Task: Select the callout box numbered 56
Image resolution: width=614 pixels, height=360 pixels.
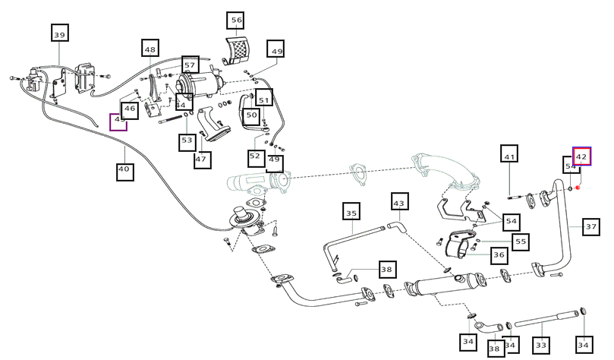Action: pyautogui.click(x=236, y=21)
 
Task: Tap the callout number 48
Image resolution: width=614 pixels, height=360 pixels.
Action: pyautogui.click(x=150, y=50)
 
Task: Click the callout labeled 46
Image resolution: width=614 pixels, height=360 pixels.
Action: pyautogui.click(x=130, y=109)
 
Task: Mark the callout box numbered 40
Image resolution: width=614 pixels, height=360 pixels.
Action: pyautogui.click(x=124, y=170)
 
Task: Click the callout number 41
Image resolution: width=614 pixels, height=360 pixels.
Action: pyautogui.click(x=509, y=156)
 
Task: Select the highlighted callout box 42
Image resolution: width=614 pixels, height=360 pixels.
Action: pyautogui.click(x=581, y=156)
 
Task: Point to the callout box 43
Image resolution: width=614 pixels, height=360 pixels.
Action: pyautogui.click(x=399, y=203)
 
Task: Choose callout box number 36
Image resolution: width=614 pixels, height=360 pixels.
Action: pyautogui.click(x=499, y=256)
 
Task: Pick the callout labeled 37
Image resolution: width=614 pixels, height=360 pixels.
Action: pyautogui.click(x=591, y=226)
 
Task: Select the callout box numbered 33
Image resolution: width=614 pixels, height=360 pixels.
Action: pyautogui.click(x=541, y=346)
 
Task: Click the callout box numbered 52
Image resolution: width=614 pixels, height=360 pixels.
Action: pyautogui.click(x=255, y=156)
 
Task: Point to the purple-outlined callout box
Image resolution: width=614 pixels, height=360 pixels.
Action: pyautogui.click(x=118, y=122)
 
